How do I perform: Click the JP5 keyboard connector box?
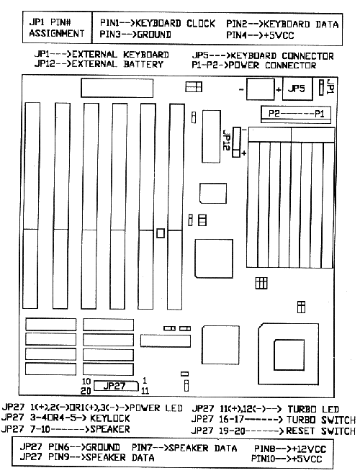(297, 89)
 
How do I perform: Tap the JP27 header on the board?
(116, 386)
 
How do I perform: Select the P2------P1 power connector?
(296, 114)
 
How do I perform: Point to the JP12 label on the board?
(227, 140)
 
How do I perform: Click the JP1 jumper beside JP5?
(321, 87)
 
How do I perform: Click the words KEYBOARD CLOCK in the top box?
(176, 23)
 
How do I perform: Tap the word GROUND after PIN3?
(154, 35)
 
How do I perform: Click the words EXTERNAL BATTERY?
(117, 64)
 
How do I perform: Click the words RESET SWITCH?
(320, 431)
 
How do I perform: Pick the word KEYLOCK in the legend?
(110, 418)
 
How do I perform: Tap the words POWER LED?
(156, 407)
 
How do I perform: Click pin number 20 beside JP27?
(86, 391)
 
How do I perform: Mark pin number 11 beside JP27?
(145, 391)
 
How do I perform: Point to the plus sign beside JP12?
(244, 153)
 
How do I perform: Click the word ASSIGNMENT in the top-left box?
(57, 33)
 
